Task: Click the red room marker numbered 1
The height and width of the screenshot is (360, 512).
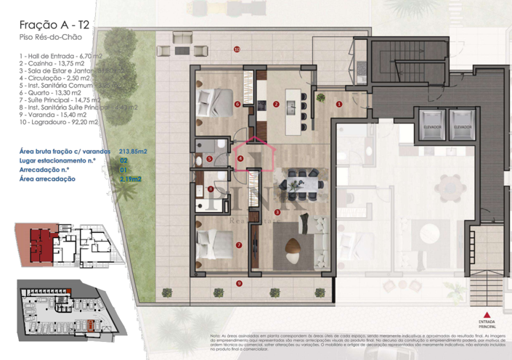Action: pos(339,104)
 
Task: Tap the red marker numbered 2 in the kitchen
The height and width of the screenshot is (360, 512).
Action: pos(276,104)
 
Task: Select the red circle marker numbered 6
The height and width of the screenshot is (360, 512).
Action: pos(237,104)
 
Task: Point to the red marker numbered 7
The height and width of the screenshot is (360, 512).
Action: pos(239,245)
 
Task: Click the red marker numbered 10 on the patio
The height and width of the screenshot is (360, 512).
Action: pos(237,49)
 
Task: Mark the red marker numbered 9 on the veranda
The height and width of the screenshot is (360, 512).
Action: pos(239,282)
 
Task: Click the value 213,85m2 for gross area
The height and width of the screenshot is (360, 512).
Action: pos(133,151)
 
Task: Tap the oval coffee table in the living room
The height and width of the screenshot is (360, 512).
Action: pos(292,247)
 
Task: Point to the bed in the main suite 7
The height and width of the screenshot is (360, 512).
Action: pos(218,242)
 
